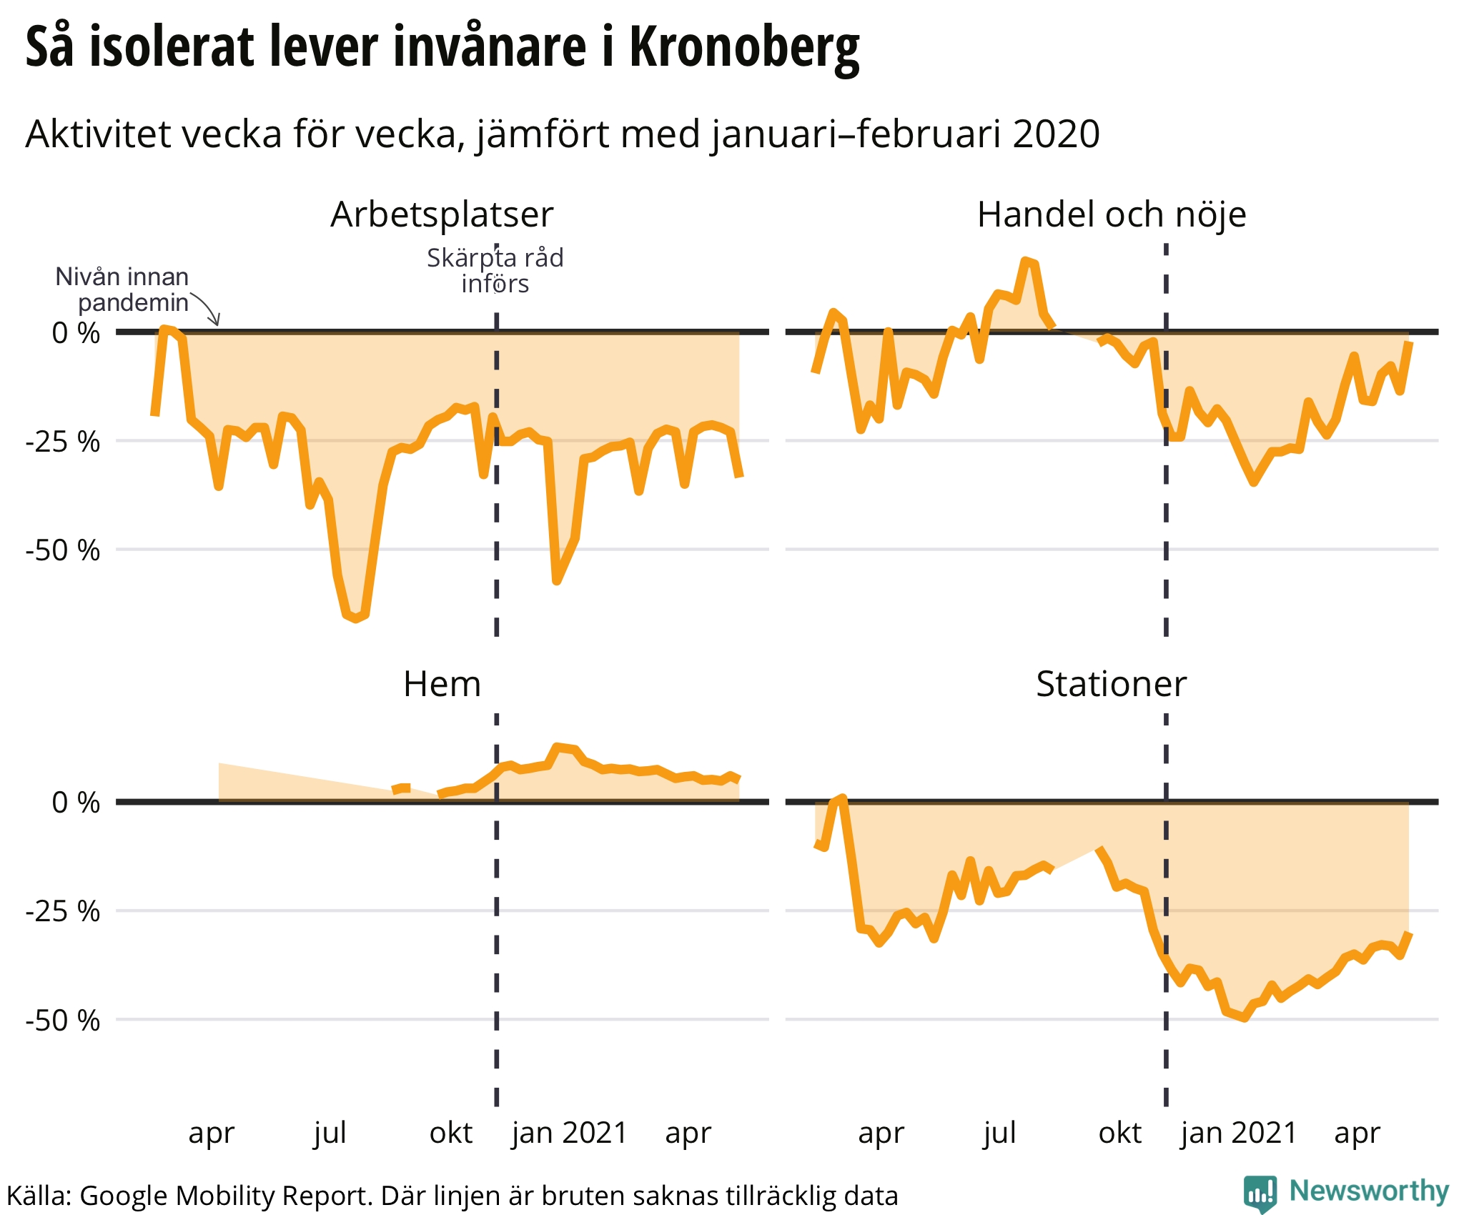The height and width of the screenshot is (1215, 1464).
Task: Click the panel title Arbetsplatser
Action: [442, 214]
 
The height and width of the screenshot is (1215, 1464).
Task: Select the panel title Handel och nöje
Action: [1111, 214]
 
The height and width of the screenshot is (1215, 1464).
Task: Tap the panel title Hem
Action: [442, 684]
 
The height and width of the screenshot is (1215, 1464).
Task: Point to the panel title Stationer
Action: [1111, 684]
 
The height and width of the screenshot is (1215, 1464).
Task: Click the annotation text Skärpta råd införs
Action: [495, 271]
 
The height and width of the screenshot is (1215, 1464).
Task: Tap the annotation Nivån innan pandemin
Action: [123, 289]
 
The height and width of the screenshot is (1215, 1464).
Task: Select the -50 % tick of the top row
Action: [63, 550]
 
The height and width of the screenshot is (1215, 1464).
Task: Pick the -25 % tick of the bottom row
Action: [63, 912]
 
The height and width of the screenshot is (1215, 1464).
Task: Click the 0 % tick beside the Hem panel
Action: [76, 803]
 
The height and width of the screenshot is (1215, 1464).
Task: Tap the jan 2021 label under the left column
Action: [569, 1133]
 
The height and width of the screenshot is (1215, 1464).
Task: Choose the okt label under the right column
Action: [1119, 1133]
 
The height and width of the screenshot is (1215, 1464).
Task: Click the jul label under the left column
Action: [330, 1133]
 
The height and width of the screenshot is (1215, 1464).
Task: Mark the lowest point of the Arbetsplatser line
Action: [355, 618]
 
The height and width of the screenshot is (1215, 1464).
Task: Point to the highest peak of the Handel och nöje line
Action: [1027, 261]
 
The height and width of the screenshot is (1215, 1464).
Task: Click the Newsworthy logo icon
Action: [1260, 1194]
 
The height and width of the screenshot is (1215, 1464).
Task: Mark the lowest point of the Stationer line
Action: [1245, 1017]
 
